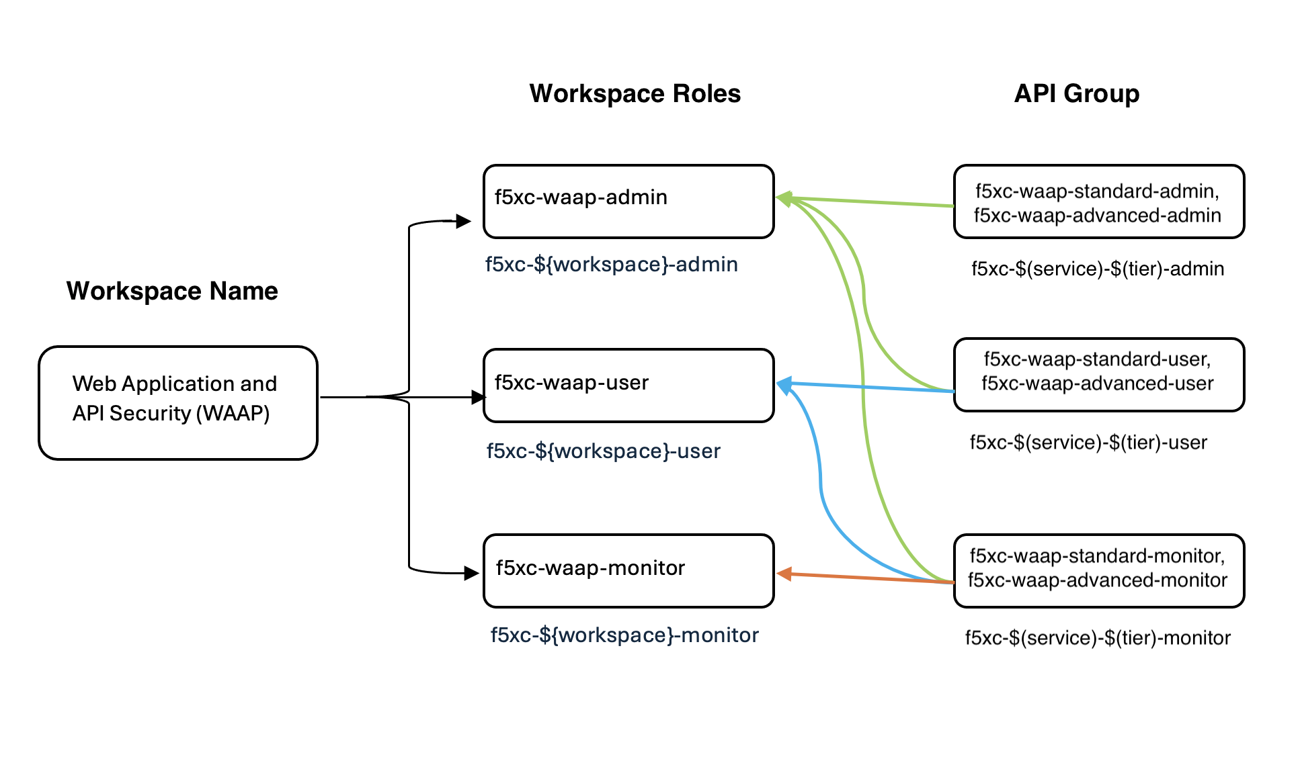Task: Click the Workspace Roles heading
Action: click(635, 93)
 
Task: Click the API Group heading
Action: click(1076, 93)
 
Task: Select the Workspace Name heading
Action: click(172, 291)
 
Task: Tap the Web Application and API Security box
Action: click(177, 402)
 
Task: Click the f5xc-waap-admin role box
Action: click(628, 201)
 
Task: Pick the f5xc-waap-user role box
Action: click(628, 386)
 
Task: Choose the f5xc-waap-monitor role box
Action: click(628, 571)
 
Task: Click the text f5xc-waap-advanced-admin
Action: click(1097, 216)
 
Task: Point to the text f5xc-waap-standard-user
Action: click(1097, 359)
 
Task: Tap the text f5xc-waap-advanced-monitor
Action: click(1097, 580)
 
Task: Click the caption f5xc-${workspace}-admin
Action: click(611, 265)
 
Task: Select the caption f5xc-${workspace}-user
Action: click(603, 451)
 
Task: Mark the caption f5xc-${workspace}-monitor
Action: click(624, 635)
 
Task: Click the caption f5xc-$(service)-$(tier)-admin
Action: click(1097, 269)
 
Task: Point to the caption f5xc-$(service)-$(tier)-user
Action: click(1088, 443)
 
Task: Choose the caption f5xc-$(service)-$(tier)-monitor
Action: click(1097, 638)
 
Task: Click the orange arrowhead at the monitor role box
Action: click(784, 574)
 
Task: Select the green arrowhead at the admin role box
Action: click(784, 198)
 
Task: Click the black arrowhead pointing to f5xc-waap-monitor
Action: click(471, 573)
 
